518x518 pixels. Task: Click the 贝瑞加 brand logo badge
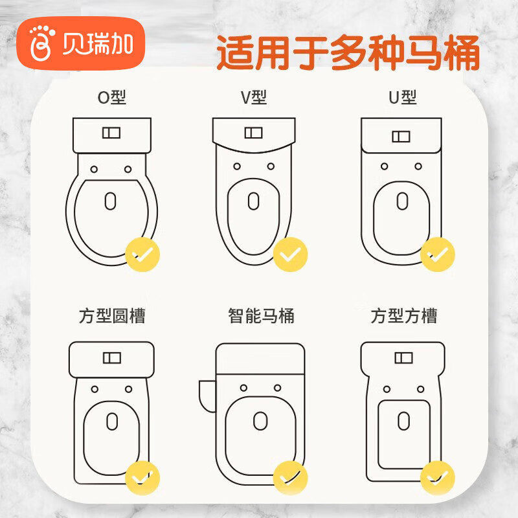[80, 43]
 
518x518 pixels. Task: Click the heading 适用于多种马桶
[348, 53]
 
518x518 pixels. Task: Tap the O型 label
[112, 98]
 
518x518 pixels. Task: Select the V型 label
[254, 98]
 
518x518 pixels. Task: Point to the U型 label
[402, 98]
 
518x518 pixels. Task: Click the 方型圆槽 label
[112, 316]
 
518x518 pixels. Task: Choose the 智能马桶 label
[261, 316]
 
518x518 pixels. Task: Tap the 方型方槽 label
[403, 316]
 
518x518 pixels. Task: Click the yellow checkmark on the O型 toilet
[142, 254]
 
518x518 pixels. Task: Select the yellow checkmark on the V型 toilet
[290, 254]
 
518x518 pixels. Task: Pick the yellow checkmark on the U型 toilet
[438, 254]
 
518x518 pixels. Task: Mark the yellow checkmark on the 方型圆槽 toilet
[142, 478]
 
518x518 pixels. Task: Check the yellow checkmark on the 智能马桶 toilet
[290, 478]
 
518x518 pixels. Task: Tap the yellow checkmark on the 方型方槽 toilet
[438, 478]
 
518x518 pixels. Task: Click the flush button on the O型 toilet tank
[111, 133]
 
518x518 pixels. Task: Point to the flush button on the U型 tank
[401, 137]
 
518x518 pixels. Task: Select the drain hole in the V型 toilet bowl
[253, 201]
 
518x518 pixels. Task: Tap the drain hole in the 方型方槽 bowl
[403, 421]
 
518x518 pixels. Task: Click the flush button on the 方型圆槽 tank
[112, 358]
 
